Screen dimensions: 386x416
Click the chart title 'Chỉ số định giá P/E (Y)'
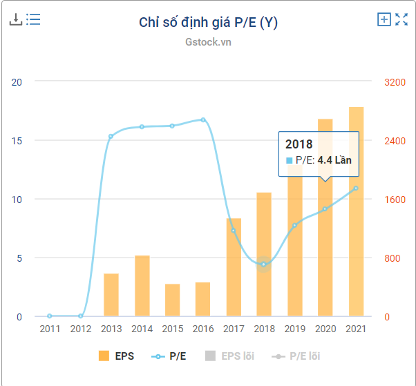point(208,22)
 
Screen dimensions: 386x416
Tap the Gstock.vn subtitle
point(208,41)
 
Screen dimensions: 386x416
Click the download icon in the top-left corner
point(15,19)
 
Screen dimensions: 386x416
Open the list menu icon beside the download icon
point(33,19)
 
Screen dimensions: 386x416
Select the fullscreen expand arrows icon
point(401,19)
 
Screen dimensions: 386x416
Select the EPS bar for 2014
point(142,286)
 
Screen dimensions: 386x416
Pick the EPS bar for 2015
point(173,300)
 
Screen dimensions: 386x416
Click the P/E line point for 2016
point(203,119)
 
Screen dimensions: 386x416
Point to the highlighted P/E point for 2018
point(263,264)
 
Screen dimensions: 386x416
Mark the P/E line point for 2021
point(356,188)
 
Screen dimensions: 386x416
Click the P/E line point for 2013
point(111,136)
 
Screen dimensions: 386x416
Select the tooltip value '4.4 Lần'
point(334,160)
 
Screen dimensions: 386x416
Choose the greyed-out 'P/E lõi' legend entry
point(297,356)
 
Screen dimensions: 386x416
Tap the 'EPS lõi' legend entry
point(229,356)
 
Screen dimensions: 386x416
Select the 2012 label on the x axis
point(80,329)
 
